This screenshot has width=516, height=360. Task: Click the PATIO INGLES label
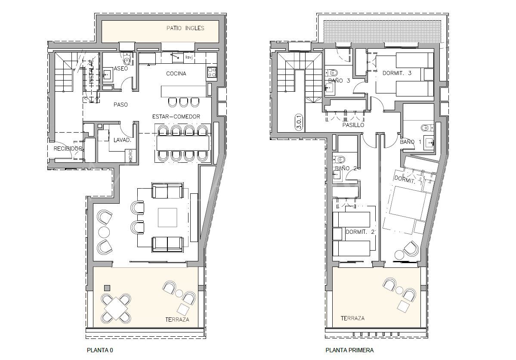click(185, 28)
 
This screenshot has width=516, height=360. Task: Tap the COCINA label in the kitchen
click(176, 74)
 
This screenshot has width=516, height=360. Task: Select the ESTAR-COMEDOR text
click(176, 117)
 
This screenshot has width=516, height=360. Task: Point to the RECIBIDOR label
click(68, 149)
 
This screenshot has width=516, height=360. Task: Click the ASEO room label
click(121, 68)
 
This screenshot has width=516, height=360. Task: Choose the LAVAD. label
click(122, 140)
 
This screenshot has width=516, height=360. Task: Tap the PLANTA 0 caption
click(99, 351)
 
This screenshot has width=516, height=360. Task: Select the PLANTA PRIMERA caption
click(349, 351)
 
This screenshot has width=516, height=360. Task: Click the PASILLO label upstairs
click(353, 125)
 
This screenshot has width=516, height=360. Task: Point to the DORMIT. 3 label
click(397, 73)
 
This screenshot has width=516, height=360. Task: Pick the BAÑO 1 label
click(411, 142)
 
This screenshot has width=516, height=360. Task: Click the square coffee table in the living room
click(167, 217)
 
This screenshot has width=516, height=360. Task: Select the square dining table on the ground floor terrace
click(115, 308)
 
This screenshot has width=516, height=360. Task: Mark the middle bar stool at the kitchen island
click(183, 102)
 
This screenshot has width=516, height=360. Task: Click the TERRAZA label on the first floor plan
click(352, 318)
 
